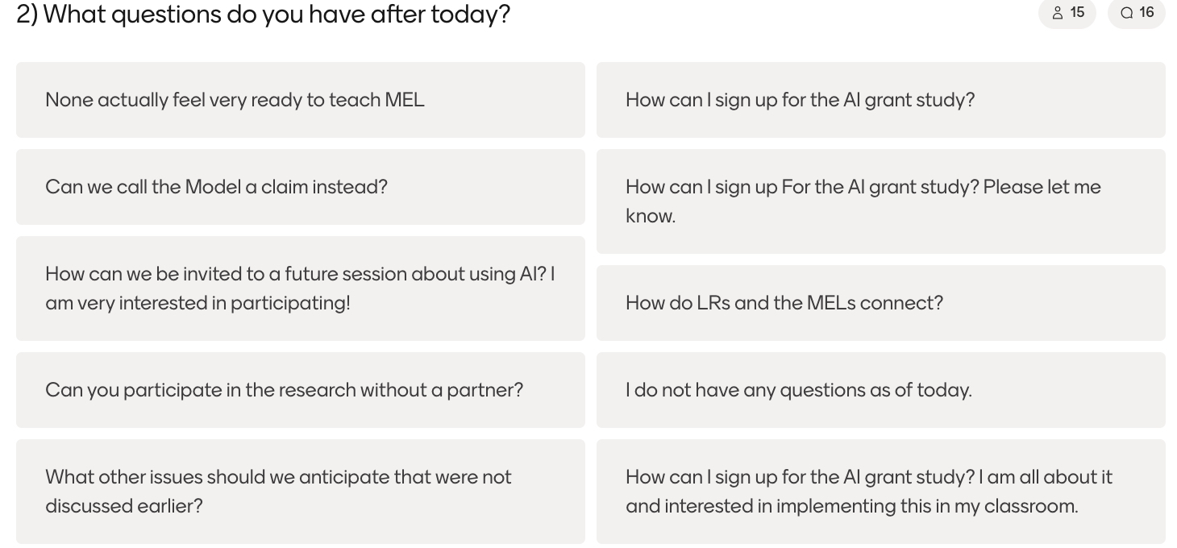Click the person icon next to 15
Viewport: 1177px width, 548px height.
tap(1058, 13)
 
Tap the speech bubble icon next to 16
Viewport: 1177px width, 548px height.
tap(1126, 13)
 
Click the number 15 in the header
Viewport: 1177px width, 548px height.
tap(1077, 12)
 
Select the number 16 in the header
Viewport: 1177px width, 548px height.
tap(1146, 12)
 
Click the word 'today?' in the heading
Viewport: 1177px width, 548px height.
tap(470, 15)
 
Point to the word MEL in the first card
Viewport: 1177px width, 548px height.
tap(404, 100)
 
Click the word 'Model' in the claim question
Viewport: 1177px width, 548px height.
tap(213, 187)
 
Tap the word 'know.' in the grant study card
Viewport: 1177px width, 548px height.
tap(651, 216)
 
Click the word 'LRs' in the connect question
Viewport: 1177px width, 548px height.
tap(713, 303)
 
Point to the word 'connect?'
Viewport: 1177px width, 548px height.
tap(901, 303)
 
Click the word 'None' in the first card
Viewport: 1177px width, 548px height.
tap(69, 100)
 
